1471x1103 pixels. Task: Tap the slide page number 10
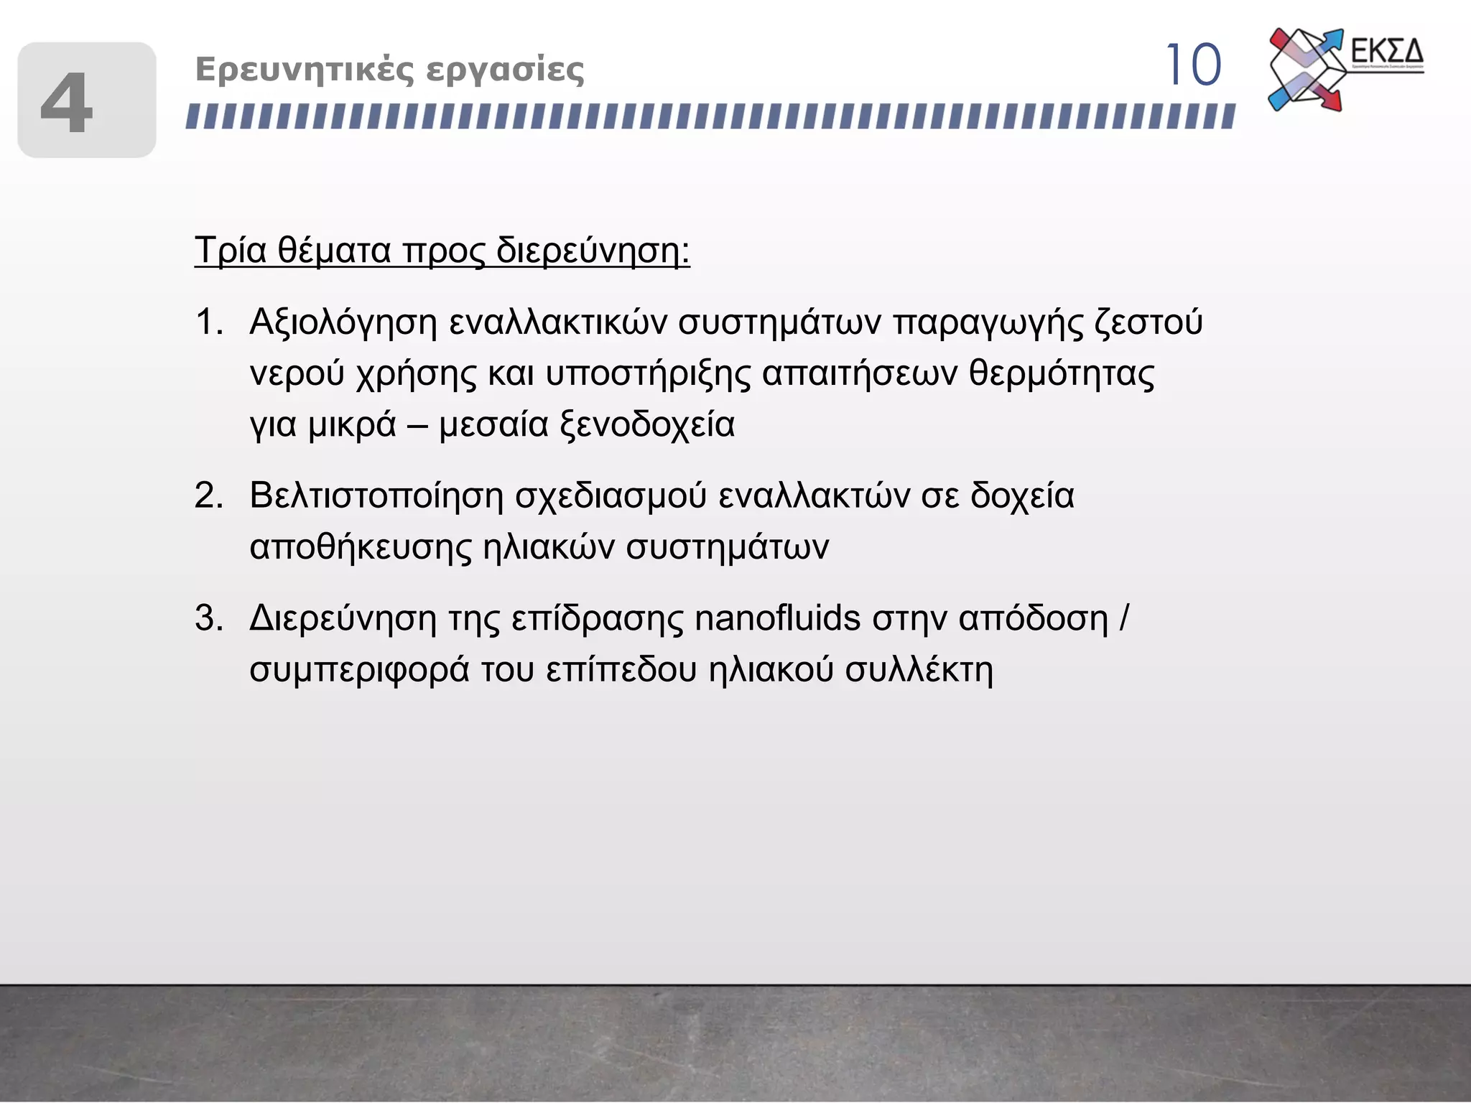[1192, 65]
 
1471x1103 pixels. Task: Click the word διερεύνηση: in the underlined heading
[593, 251]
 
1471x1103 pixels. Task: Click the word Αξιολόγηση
[343, 322]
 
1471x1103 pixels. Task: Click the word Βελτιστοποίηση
[377, 495]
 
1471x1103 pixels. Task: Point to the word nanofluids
[777, 618]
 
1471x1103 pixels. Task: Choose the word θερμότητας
[1062, 373]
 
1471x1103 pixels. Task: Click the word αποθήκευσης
[361, 547]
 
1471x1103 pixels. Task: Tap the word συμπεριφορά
[359, 670]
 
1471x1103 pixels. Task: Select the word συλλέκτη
[919, 670]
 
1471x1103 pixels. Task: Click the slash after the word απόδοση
[1124, 618]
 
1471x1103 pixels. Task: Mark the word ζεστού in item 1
[1149, 322]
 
